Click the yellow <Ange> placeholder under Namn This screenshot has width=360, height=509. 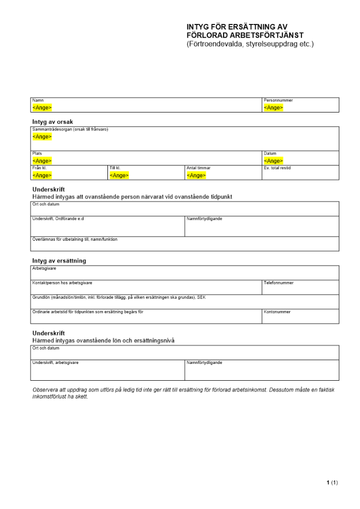click(x=42, y=108)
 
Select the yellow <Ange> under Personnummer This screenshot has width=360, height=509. click(x=273, y=108)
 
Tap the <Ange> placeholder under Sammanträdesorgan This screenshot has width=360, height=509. click(x=42, y=137)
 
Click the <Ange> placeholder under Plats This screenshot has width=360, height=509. click(x=42, y=161)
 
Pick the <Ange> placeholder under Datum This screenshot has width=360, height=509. click(x=273, y=161)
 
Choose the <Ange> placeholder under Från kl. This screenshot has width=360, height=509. click(x=42, y=176)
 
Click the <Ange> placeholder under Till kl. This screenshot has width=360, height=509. click(x=119, y=176)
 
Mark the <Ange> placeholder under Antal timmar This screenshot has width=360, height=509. click(x=196, y=176)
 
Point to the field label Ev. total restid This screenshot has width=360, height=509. click(x=278, y=168)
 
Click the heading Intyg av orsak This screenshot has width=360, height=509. click(x=53, y=122)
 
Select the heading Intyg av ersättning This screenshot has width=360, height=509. click(x=59, y=261)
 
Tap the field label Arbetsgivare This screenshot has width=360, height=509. click(x=44, y=268)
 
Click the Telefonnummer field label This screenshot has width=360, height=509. click(x=279, y=283)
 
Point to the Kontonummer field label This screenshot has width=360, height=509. click(x=277, y=312)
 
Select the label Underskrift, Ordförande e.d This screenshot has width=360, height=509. click(x=58, y=219)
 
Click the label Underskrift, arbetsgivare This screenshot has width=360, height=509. click(x=56, y=363)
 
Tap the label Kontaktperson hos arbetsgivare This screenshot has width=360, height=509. click(x=62, y=283)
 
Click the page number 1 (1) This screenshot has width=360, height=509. click(x=332, y=483)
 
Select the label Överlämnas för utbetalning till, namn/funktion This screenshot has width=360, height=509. click(x=75, y=239)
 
